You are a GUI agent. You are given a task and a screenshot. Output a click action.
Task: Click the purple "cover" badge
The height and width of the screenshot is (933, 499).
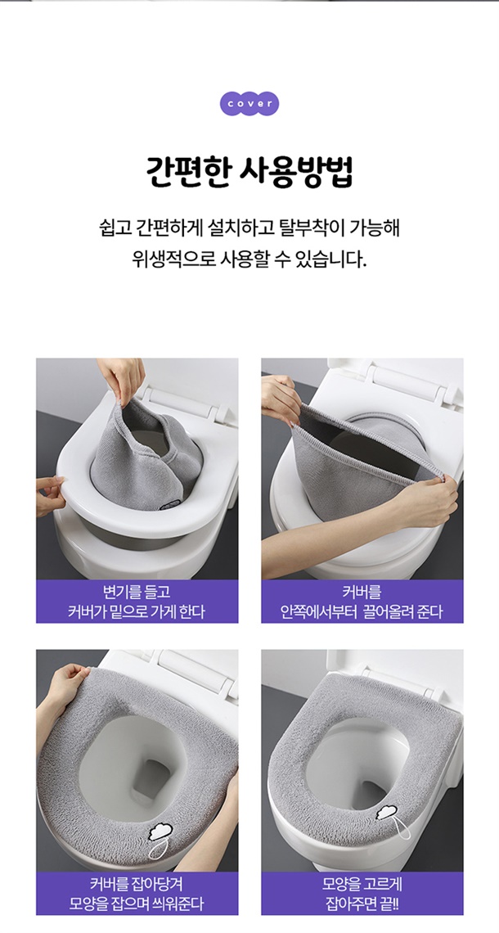249,104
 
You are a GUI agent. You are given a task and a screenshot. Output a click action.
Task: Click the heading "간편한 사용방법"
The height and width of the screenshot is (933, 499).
249,172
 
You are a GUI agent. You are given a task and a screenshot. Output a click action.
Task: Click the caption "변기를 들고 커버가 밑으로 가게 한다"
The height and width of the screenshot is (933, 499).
137,602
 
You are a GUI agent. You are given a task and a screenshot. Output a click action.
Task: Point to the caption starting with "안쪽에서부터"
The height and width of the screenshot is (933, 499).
362,611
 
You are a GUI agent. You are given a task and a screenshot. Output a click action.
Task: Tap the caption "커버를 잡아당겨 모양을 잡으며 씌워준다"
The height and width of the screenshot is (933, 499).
137,893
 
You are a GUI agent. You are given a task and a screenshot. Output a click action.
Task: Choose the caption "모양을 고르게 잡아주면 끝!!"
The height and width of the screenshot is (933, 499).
362,893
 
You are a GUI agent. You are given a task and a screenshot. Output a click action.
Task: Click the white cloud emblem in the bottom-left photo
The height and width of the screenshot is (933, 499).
160,831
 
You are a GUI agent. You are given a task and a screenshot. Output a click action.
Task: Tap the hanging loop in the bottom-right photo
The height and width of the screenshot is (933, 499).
402,828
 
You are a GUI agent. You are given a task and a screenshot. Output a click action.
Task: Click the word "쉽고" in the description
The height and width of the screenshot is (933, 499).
113,228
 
